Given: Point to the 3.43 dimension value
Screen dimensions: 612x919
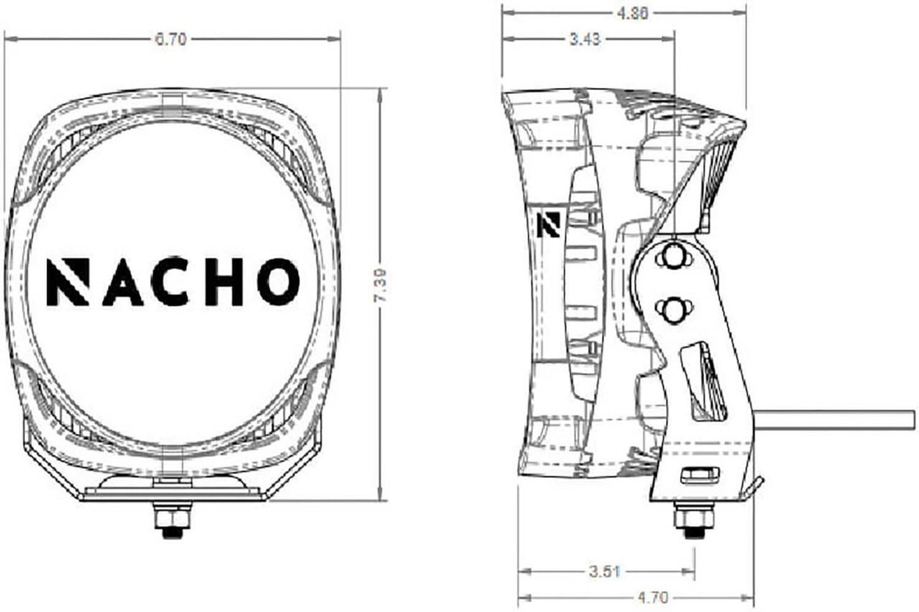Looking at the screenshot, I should click(x=584, y=39).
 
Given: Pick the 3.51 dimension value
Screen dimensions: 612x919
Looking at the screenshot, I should click(x=604, y=571).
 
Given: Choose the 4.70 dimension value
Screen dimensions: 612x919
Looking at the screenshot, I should click(x=652, y=597).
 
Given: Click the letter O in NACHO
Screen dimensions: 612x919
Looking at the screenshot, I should click(x=278, y=282).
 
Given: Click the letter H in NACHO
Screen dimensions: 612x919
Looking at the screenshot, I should click(x=224, y=282).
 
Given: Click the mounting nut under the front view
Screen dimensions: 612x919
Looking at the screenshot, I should click(x=172, y=519).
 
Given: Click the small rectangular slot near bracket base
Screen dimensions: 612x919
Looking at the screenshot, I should click(x=700, y=475).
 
